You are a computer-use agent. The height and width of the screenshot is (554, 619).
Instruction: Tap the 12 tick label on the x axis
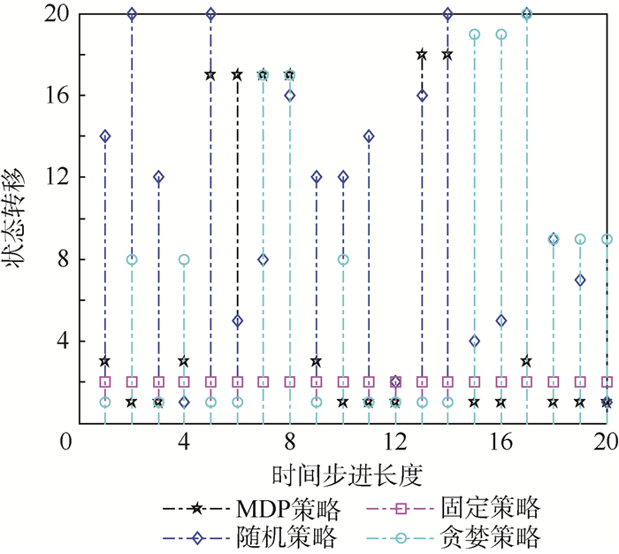pyautogui.click(x=395, y=442)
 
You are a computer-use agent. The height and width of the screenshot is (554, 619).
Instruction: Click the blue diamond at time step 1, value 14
pyautogui.click(x=105, y=136)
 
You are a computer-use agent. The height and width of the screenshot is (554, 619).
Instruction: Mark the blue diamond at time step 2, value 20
pyautogui.click(x=132, y=14)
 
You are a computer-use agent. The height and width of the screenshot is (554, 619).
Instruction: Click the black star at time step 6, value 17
pyautogui.click(x=237, y=75)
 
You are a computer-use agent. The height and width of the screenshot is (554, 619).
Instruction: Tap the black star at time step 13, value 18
pyautogui.click(x=422, y=55)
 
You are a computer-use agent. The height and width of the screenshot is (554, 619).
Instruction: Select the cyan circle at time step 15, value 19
pyautogui.click(x=475, y=35)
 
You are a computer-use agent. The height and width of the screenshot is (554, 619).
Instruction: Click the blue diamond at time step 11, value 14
pyautogui.click(x=369, y=136)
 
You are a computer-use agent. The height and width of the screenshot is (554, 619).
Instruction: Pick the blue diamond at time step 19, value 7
pyautogui.click(x=580, y=280)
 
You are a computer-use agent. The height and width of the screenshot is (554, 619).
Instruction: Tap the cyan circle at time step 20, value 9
pyautogui.click(x=607, y=239)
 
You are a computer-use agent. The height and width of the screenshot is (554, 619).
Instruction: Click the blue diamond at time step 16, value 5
pyautogui.click(x=501, y=320)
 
